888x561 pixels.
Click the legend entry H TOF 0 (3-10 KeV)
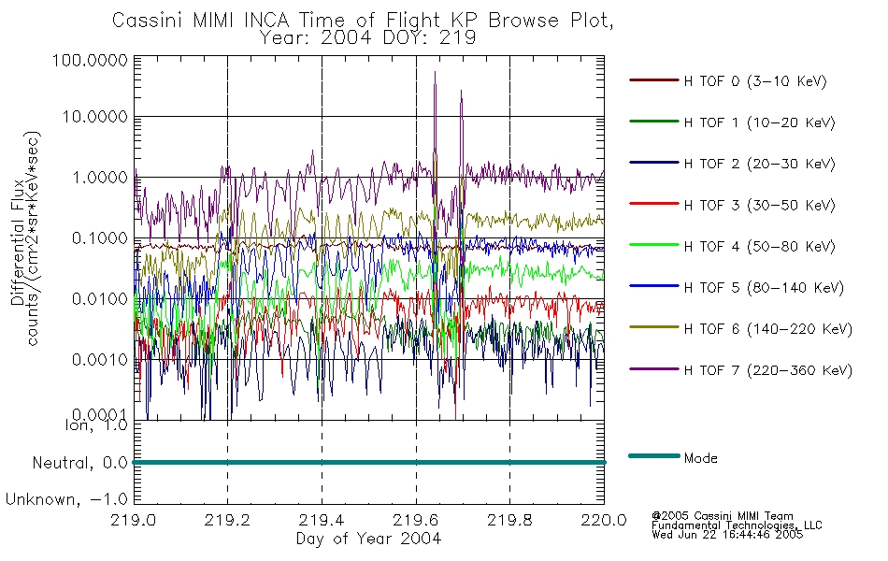755,81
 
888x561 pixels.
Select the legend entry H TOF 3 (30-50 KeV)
759,205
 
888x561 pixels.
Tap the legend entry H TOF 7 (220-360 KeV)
768,370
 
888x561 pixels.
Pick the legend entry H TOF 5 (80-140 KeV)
764,288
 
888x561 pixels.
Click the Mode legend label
700,458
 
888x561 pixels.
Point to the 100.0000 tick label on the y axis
90,60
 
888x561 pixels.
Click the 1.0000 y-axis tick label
100,178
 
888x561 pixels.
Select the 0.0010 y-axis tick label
100,360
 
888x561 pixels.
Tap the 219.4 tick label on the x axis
322,520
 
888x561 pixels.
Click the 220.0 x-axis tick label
604,520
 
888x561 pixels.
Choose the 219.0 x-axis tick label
134,520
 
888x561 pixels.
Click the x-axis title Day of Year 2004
368,539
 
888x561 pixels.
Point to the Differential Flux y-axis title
17,242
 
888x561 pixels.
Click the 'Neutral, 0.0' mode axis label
79,464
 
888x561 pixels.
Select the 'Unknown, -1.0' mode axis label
66,500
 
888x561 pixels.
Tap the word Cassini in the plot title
148,21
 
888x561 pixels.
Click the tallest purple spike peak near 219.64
435,72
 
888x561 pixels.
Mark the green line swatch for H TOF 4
654,245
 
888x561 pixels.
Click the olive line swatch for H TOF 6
654,327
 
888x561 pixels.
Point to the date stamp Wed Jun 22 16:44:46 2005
727,535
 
